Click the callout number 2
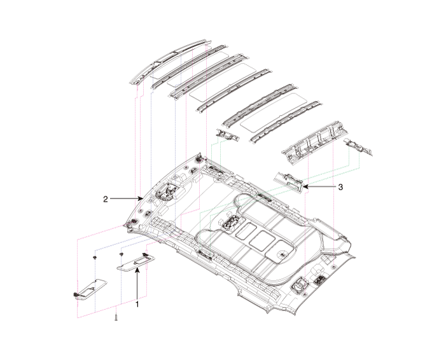(106, 199)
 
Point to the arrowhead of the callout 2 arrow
(143, 199)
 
